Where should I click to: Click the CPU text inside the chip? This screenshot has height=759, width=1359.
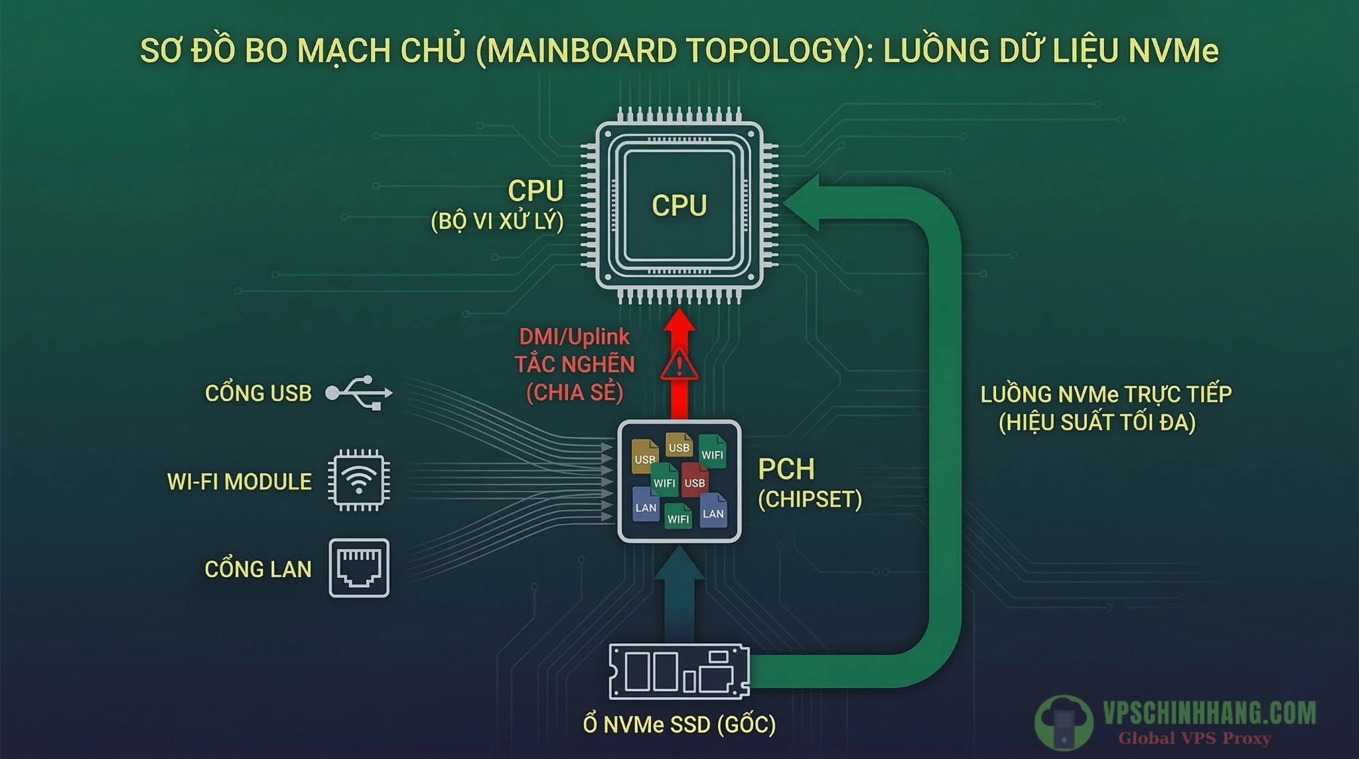pos(679,205)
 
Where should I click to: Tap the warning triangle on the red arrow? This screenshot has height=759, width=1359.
pos(679,366)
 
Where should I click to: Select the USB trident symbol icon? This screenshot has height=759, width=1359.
pos(359,392)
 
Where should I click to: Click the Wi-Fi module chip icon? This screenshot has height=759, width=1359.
pos(358,480)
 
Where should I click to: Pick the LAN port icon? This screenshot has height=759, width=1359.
pos(359,568)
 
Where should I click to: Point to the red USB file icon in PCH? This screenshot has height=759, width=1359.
pos(695,479)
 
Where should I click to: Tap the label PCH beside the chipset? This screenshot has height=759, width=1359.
pos(786,469)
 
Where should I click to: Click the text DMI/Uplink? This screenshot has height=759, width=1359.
pos(574,337)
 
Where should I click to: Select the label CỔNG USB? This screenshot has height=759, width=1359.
pos(258,393)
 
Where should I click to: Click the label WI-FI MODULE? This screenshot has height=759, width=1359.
pos(239,481)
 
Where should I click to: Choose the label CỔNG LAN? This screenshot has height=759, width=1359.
pos(257,569)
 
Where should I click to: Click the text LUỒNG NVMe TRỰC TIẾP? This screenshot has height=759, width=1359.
pos(1106,394)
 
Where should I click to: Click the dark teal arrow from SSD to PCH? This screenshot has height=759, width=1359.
pos(679,598)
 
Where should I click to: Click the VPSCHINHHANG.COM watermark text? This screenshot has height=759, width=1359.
pos(1209,713)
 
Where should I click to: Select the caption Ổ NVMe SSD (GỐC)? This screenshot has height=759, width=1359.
pos(679,724)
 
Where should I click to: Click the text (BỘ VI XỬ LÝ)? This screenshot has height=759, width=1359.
pos(497,220)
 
